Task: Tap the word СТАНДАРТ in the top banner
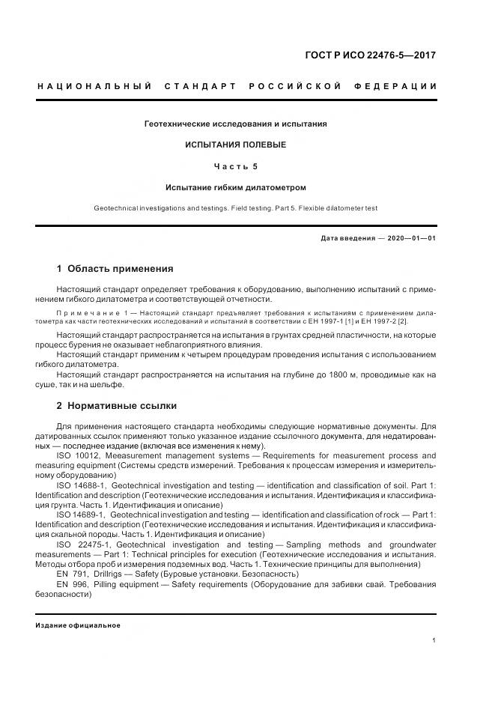click(198, 87)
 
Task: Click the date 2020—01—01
click(411, 238)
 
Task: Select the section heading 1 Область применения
click(115, 268)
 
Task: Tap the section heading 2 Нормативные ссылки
click(117, 406)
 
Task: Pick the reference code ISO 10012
click(81, 455)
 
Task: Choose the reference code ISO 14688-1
click(84, 485)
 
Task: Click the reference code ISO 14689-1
click(84, 515)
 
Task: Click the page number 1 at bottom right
click(434, 640)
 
